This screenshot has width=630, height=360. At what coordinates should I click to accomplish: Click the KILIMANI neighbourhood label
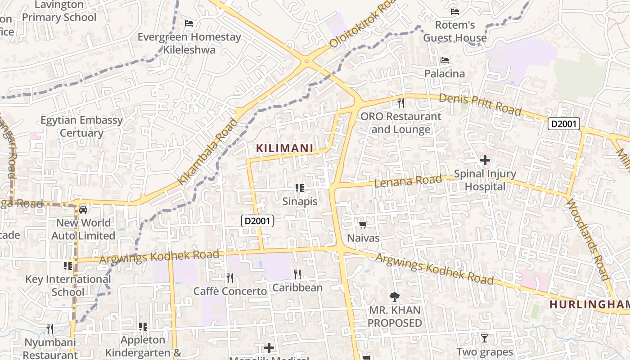[x=284, y=148]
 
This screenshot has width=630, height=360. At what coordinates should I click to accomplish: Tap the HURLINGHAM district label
[x=589, y=305]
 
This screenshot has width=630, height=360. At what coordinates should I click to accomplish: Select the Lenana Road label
[x=408, y=181]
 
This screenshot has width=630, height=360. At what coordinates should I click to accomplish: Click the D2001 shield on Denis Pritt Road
[x=563, y=124]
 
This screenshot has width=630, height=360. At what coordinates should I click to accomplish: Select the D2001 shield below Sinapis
[x=257, y=220]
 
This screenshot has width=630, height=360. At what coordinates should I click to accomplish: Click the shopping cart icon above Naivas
[x=363, y=225]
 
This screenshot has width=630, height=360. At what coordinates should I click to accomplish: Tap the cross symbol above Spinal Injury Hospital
[x=485, y=160]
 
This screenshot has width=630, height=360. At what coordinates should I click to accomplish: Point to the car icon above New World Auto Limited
[x=83, y=209]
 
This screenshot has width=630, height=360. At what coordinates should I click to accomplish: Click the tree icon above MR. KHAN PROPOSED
[x=395, y=297]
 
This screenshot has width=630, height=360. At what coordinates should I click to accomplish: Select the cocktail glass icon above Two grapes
[x=484, y=338]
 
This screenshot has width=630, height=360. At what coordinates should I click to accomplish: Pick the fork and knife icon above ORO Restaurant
[x=401, y=103]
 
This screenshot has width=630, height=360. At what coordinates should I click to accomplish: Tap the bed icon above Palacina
[x=445, y=60]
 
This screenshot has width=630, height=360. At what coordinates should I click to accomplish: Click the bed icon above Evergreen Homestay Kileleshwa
[x=189, y=23]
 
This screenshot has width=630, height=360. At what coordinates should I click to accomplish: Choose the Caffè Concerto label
[x=230, y=291]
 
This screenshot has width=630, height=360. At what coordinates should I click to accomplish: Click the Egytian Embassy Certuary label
[x=81, y=126]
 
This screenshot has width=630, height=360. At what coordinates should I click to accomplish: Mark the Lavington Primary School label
[x=59, y=11]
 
